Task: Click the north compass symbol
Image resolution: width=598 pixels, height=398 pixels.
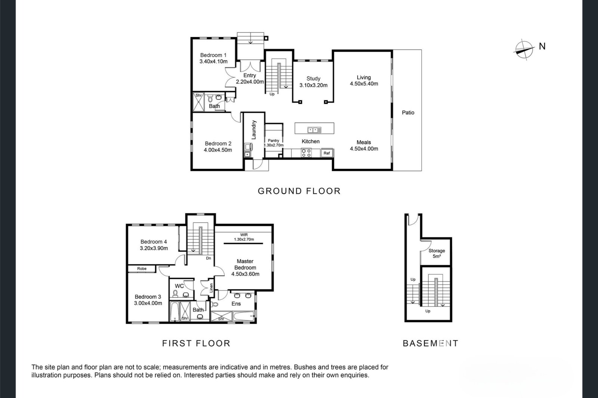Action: tap(524, 50)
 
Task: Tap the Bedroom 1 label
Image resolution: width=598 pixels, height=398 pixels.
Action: tap(213, 55)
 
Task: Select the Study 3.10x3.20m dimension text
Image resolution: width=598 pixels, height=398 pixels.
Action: tap(314, 85)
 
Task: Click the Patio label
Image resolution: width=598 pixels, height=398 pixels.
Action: tap(408, 113)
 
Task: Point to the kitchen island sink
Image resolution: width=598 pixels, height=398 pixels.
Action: tap(314, 130)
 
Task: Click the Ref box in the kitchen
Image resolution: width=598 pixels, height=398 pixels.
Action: tap(327, 153)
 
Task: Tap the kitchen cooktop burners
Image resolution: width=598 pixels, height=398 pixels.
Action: tap(306, 153)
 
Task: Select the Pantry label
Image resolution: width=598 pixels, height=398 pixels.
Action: tap(273, 141)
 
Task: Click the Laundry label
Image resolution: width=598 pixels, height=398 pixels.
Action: tap(254, 130)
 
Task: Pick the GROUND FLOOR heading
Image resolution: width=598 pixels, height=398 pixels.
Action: tap(299, 191)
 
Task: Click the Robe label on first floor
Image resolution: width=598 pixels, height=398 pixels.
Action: tap(142, 268)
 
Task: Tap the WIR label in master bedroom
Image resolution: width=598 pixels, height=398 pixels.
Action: tap(244, 235)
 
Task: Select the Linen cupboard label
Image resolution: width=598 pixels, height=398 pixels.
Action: tap(211, 288)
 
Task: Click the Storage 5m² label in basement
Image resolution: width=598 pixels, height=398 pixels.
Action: tap(437, 254)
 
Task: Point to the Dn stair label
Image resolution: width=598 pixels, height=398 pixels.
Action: tap(209, 258)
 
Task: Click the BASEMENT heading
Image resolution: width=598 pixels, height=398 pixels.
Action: tap(430, 343)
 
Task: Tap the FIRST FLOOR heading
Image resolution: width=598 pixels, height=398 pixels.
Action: tap(196, 343)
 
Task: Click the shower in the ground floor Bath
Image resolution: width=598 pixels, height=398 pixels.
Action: tap(198, 102)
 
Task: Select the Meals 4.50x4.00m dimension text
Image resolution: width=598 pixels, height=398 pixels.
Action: tap(364, 149)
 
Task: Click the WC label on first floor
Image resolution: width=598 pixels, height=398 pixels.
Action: tap(179, 286)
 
